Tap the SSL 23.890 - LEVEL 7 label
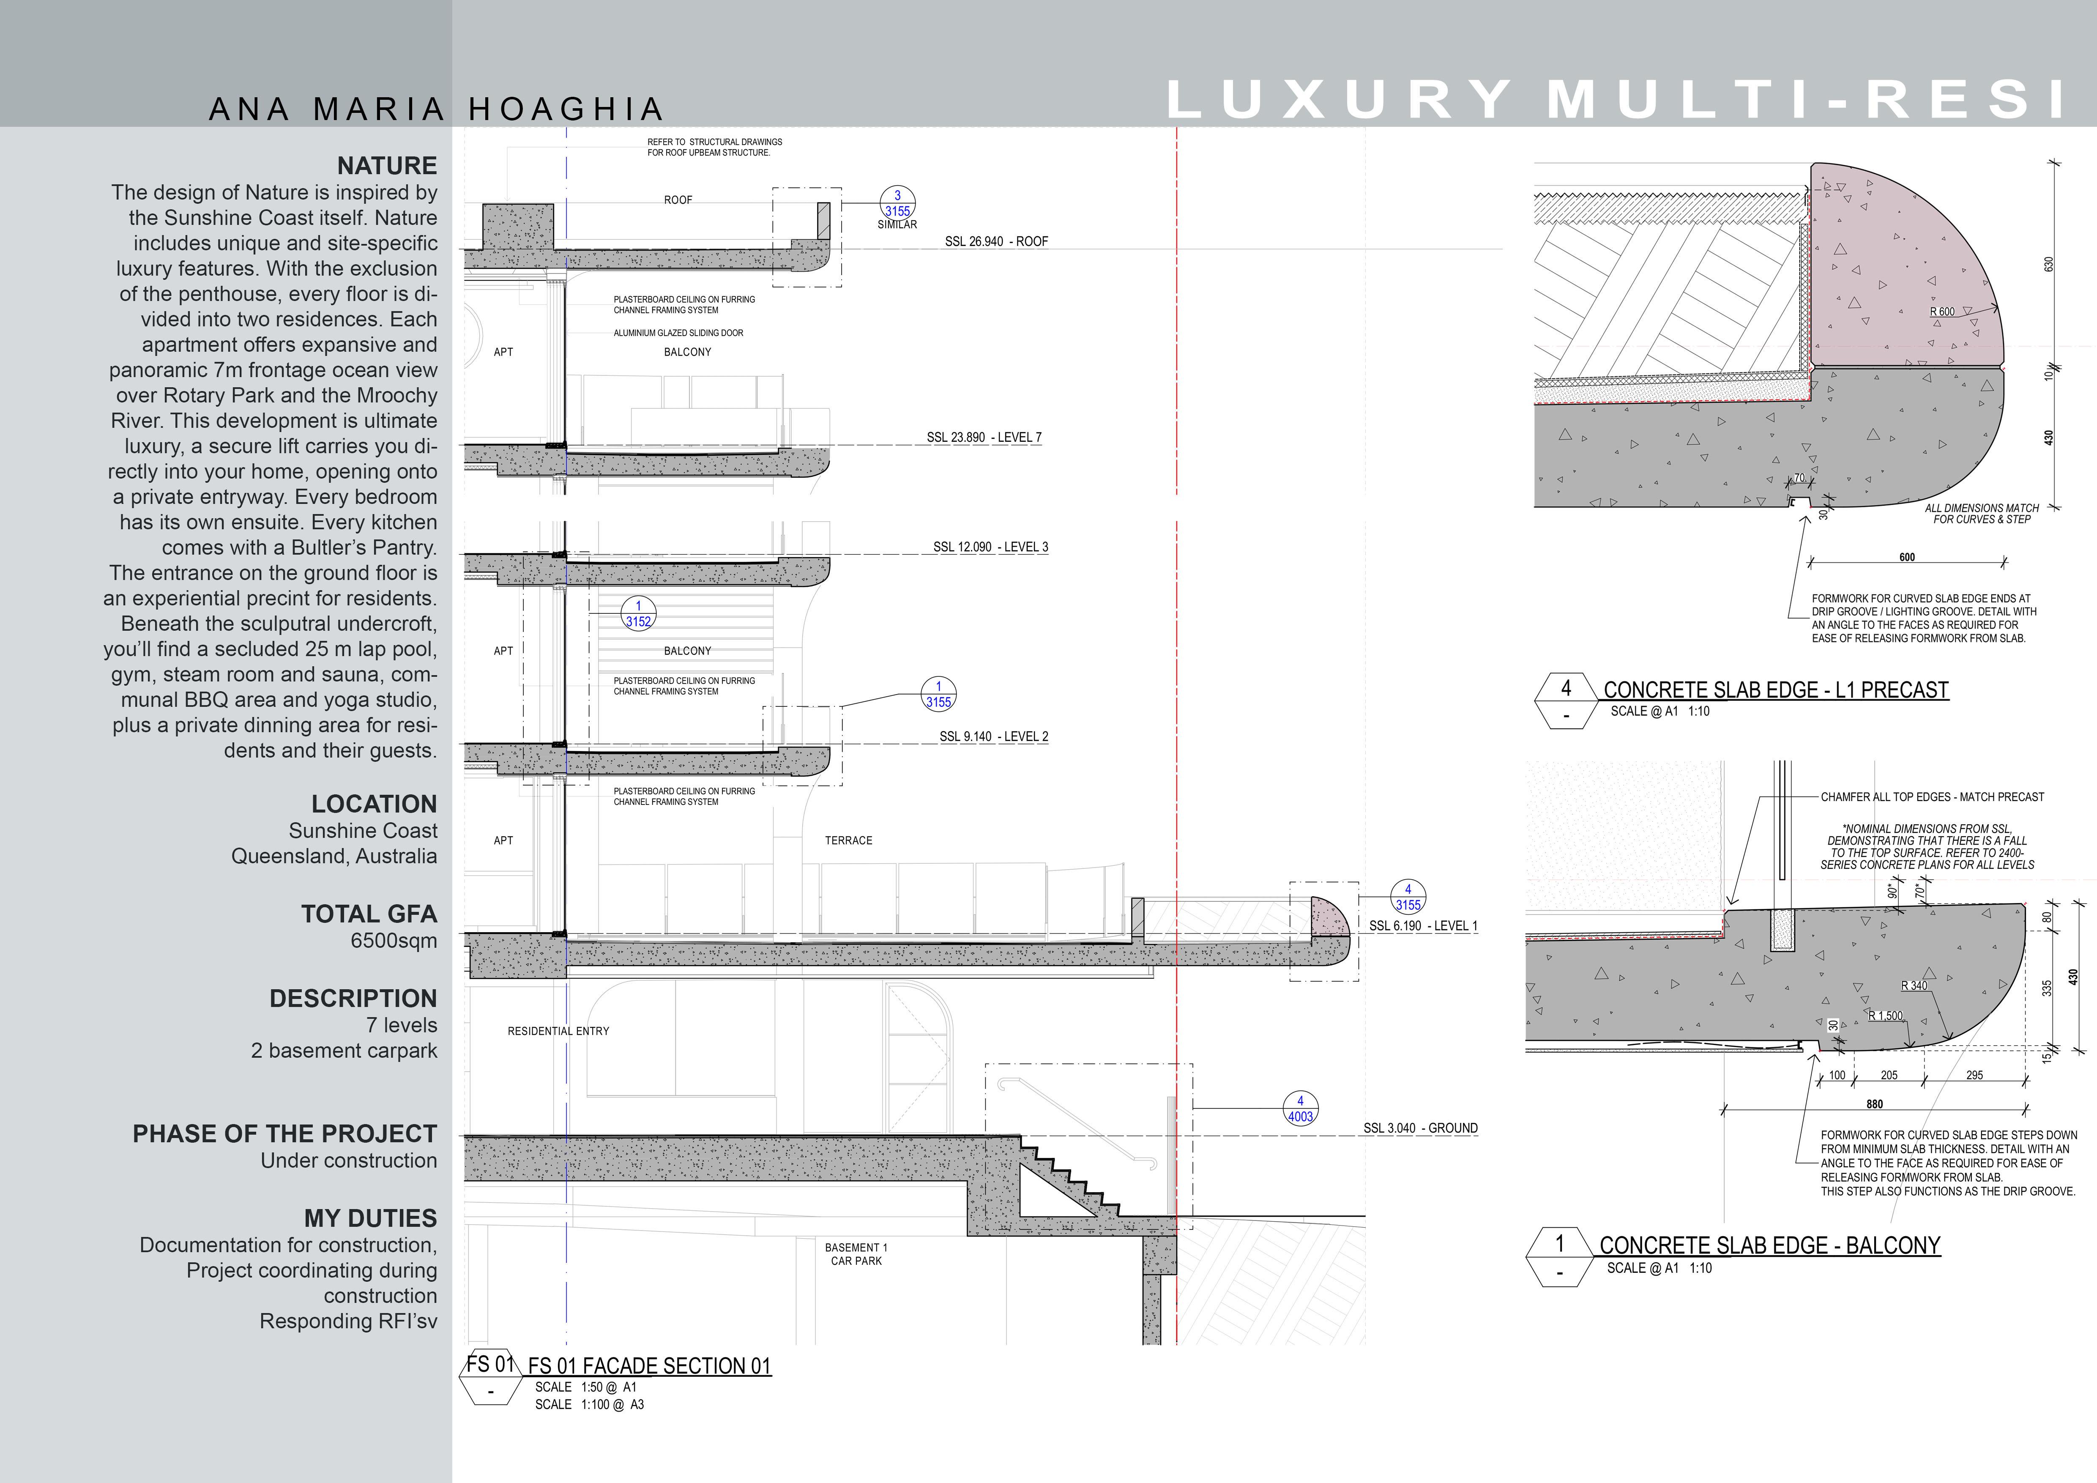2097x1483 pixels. [x=984, y=438]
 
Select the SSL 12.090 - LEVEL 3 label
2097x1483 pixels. [x=990, y=547]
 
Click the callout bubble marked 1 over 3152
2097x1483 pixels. [x=638, y=614]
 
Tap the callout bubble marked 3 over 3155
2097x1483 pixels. [x=897, y=203]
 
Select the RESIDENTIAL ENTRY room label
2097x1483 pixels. [x=558, y=1031]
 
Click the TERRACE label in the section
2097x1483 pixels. [x=848, y=840]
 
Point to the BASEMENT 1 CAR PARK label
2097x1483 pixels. [x=856, y=1254]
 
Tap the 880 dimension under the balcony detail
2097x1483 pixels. [x=1874, y=1104]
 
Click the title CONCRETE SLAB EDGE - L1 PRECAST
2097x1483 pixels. [x=1775, y=690]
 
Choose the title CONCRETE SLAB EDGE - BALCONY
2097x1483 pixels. [x=1769, y=1245]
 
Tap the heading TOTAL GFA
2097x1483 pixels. [x=369, y=914]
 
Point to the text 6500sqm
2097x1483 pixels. [x=394, y=941]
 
